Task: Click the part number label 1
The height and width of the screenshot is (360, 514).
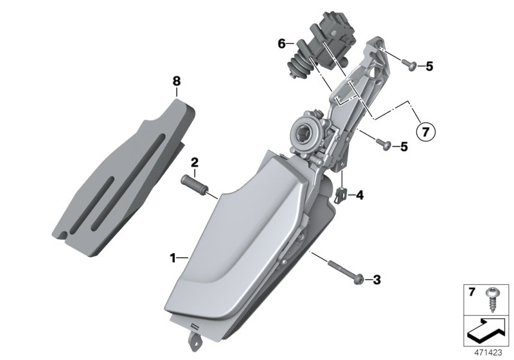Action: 173,258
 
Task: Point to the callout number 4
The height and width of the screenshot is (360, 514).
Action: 359,194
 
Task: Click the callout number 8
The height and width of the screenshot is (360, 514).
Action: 177,81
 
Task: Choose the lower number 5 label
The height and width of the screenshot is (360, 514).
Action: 403,147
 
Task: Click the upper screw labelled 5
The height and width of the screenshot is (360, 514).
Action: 409,64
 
